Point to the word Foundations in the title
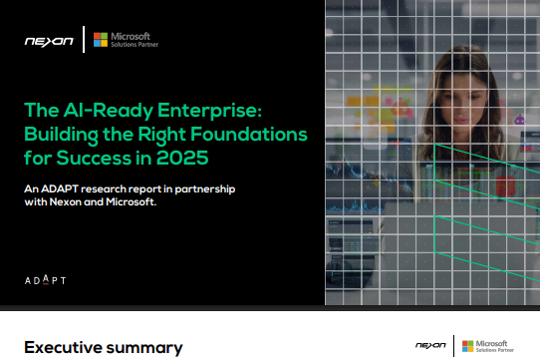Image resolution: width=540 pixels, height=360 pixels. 245,134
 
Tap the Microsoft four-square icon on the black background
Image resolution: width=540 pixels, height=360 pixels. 100,40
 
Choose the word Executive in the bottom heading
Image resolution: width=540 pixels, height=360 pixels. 62,347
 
